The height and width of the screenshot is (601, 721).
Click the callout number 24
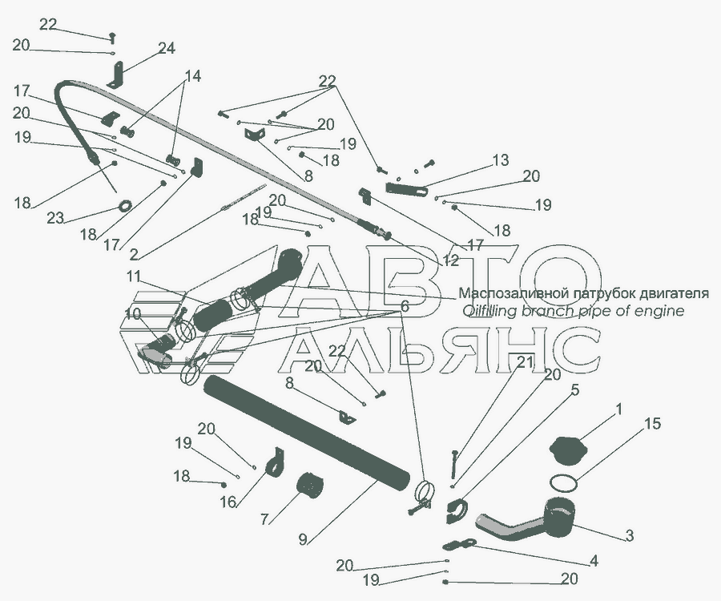(x=167, y=48)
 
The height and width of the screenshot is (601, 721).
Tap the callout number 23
(x=54, y=218)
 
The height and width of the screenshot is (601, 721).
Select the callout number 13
(x=500, y=160)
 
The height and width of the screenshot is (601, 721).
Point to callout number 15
(x=652, y=423)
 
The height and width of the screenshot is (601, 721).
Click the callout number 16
(x=228, y=502)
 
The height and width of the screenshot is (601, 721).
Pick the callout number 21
(x=525, y=363)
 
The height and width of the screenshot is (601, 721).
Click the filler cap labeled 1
(x=568, y=451)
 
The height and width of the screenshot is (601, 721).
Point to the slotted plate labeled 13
(x=405, y=188)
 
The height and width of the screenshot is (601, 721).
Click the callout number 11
(x=134, y=276)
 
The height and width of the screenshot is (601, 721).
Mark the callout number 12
(x=450, y=260)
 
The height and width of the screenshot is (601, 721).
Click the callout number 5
(x=575, y=390)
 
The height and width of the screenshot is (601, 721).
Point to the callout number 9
(x=303, y=539)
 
